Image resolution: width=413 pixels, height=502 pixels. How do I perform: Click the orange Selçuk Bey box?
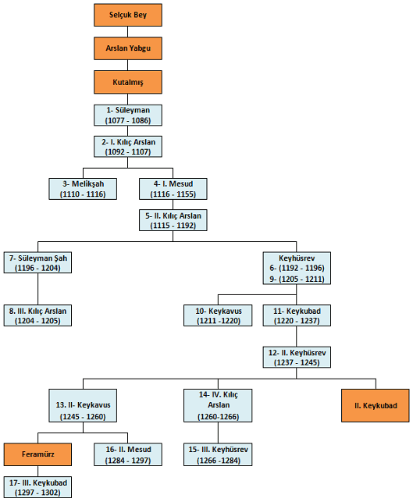[128, 16]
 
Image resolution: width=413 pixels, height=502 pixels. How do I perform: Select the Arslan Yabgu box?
[128, 48]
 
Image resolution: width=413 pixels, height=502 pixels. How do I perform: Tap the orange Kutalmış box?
[128, 81]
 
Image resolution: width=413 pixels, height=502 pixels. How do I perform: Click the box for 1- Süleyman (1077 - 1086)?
[128, 115]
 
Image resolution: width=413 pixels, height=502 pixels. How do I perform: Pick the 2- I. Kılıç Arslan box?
[128, 147]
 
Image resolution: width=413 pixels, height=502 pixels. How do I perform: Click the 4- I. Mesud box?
[173, 188]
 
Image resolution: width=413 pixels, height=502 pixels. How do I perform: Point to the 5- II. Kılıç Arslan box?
[173, 220]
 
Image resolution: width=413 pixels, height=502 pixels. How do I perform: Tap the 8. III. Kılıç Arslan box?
[38, 315]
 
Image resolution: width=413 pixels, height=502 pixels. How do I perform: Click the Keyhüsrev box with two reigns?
[296, 267]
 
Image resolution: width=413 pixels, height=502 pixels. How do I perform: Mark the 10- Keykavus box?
[219, 315]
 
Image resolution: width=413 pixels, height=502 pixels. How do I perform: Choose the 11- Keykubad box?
[297, 315]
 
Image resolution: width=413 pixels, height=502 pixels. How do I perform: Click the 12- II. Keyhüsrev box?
[297, 357]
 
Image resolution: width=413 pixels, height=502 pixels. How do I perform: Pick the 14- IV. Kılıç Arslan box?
[218, 405]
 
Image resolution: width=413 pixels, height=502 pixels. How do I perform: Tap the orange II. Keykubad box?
[375, 406]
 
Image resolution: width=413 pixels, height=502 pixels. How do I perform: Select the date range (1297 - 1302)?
[38, 493]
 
